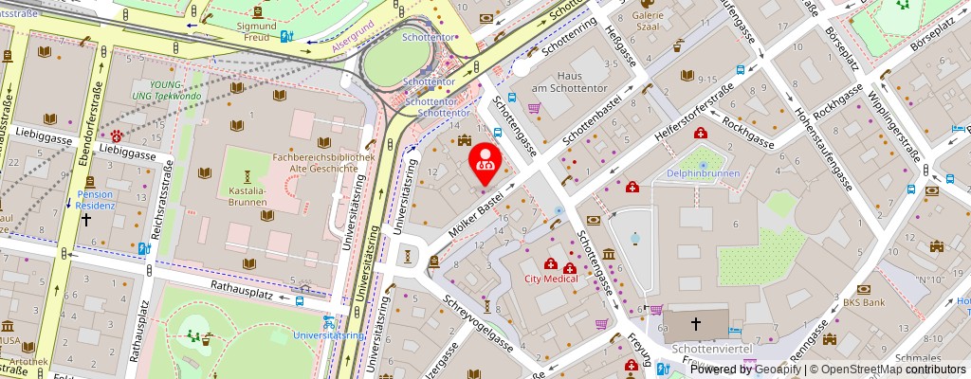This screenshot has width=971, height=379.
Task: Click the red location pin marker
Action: pyautogui.click(x=485, y=158)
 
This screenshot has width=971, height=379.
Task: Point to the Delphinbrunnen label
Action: pyautogui.click(x=703, y=174)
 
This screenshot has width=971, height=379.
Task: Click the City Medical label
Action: pyautogui.click(x=552, y=280)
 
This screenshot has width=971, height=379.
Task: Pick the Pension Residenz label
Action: pyautogui.click(x=96, y=200)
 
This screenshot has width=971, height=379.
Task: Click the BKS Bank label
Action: pyautogui.click(x=864, y=303)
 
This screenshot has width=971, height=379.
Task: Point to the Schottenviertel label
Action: pyautogui.click(x=711, y=350)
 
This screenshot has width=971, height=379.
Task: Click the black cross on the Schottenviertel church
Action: pyautogui.click(x=695, y=324)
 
